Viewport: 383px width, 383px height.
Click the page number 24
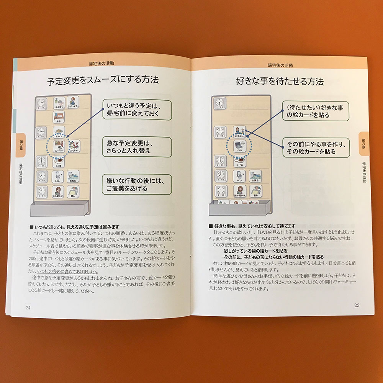pyautogui.click(x=28, y=308)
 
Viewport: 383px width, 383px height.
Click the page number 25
pyautogui.click(x=357, y=305)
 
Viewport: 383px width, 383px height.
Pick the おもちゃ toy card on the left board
pyautogui.click(x=74, y=146)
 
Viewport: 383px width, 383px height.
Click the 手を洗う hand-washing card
pyautogui.click(x=58, y=103)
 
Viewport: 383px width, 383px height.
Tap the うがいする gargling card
pyautogui.click(x=73, y=103)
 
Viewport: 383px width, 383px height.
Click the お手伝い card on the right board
pyautogui.click(x=239, y=131)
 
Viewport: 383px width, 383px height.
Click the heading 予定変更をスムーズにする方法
pyautogui.click(x=103, y=82)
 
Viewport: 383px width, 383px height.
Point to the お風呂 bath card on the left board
pyautogui.click(x=73, y=177)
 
